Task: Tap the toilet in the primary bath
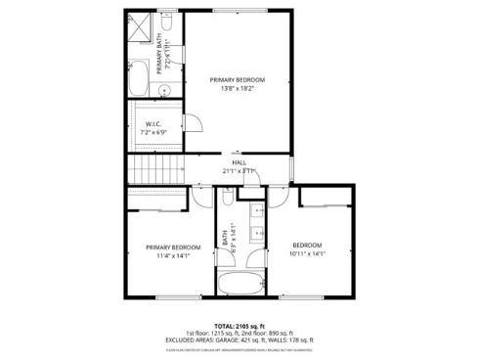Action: [x=165, y=40]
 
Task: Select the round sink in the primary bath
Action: [x=165, y=89]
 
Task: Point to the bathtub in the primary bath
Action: [x=138, y=77]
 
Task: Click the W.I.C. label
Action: [x=153, y=124]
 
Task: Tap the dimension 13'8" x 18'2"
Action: [x=238, y=89]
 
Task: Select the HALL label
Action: [x=239, y=162]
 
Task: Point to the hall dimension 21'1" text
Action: [x=231, y=171]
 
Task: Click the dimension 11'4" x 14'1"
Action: [x=173, y=256]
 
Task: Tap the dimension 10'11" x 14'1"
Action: [x=307, y=253]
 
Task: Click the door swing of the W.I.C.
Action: [x=196, y=121]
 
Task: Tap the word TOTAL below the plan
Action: [x=225, y=327]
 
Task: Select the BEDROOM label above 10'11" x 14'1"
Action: [x=307, y=245]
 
